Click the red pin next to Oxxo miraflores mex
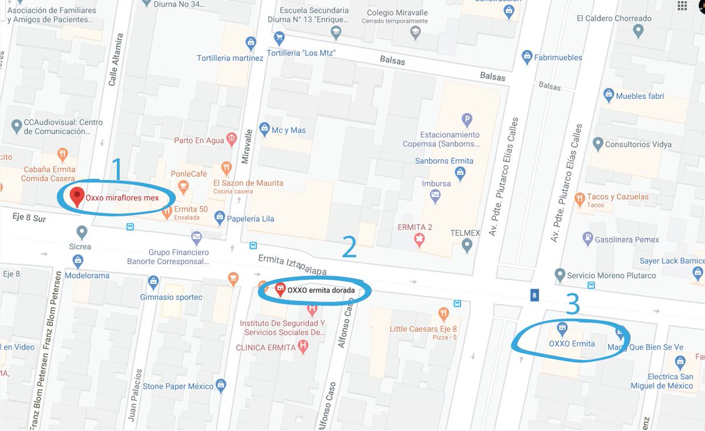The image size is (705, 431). [x=76, y=196]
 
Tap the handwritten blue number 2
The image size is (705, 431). [x=349, y=247]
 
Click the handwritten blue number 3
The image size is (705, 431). [x=573, y=305]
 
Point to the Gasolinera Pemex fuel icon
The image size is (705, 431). [x=586, y=239]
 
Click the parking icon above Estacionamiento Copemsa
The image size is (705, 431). [x=467, y=119]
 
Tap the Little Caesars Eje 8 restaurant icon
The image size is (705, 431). [x=444, y=313]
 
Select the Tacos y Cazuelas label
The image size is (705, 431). [x=618, y=197]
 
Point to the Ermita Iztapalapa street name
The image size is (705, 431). [x=292, y=265]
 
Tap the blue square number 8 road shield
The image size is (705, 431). [x=534, y=295]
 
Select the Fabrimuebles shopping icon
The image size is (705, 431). [x=527, y=57]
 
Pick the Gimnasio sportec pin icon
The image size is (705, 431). [x=153, y=282]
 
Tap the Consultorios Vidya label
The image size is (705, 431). [x=638, y=144]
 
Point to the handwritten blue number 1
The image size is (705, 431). [x=116, y=169]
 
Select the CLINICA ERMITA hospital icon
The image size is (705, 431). [x=303, y=346]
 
